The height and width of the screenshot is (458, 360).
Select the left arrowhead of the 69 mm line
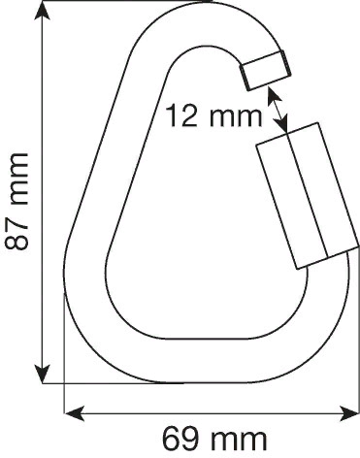click(x=70, y=414)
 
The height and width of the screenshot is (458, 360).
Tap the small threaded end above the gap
click(x=265, y=70)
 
